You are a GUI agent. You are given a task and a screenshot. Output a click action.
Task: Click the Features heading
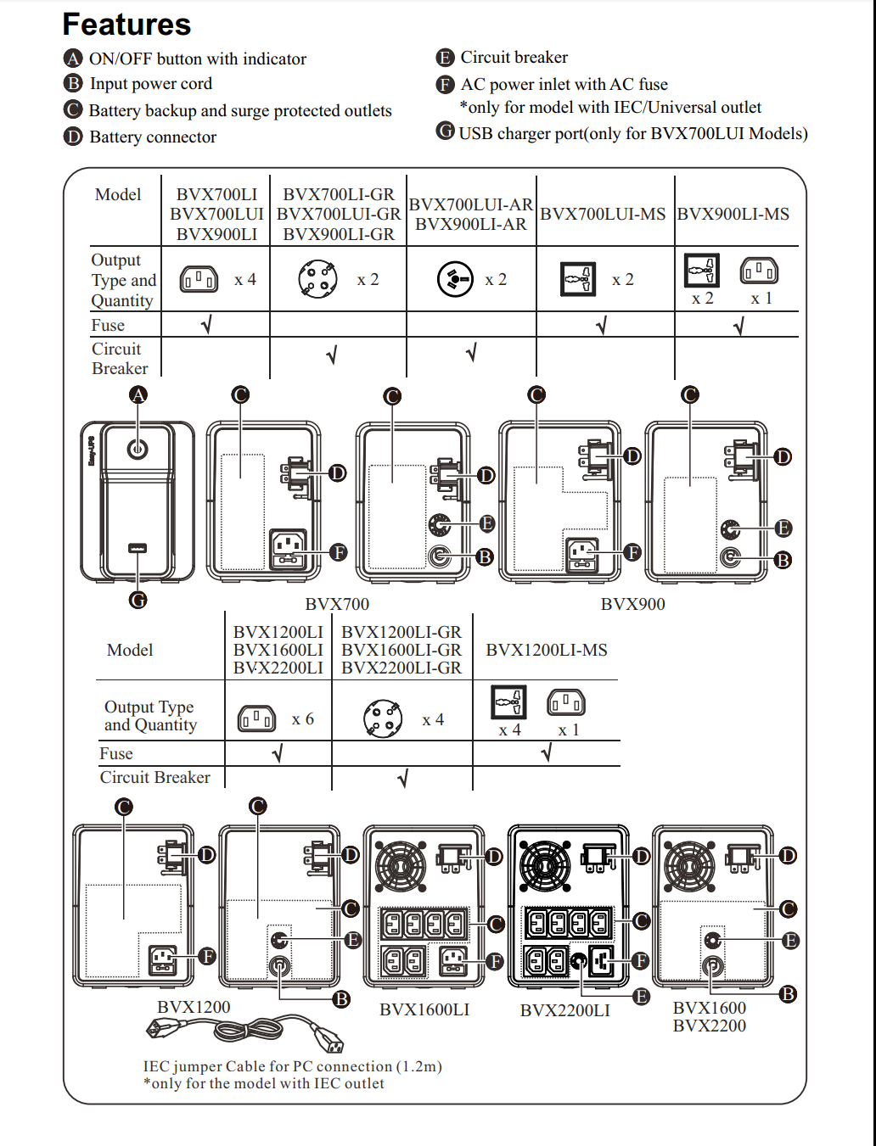[x=127, y=25]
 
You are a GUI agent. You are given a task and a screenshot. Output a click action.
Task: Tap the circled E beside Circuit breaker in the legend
[x=445, y=58]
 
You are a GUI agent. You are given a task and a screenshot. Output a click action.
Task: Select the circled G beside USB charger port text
[x=445, y=131]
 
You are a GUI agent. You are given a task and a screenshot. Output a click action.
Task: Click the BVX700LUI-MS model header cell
[x=603, y=214]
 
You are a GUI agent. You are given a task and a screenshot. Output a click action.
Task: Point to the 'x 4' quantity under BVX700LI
[x=245, y=280]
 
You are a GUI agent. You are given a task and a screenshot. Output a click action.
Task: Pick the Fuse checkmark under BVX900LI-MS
[x=738, y=327]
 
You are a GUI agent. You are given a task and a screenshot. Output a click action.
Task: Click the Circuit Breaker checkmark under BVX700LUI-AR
[x=471, y=353]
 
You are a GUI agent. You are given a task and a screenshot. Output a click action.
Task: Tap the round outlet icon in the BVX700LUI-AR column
[x=455, y=280]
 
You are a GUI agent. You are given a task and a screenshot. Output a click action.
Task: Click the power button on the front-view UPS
[x=138, y=449]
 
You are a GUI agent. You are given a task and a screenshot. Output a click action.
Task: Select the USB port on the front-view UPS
[x=138, y=548]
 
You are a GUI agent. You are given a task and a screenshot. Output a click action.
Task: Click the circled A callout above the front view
[x=138, y=395]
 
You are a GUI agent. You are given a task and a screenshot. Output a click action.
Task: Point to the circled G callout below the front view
[x=138, y=600]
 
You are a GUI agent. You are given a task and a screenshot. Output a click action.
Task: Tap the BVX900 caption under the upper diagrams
[x=632, y=604]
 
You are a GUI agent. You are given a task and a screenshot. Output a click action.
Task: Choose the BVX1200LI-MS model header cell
[x=547, y=650]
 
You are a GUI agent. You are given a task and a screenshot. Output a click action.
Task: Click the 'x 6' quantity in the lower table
[x=303, y=719]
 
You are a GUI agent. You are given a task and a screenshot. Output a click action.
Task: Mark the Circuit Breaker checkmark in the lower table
[x=402, y=779]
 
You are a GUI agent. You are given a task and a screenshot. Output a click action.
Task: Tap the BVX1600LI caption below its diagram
[x=424, y=1009]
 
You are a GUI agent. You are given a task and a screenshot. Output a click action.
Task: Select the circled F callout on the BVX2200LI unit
[x=640, y=961]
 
